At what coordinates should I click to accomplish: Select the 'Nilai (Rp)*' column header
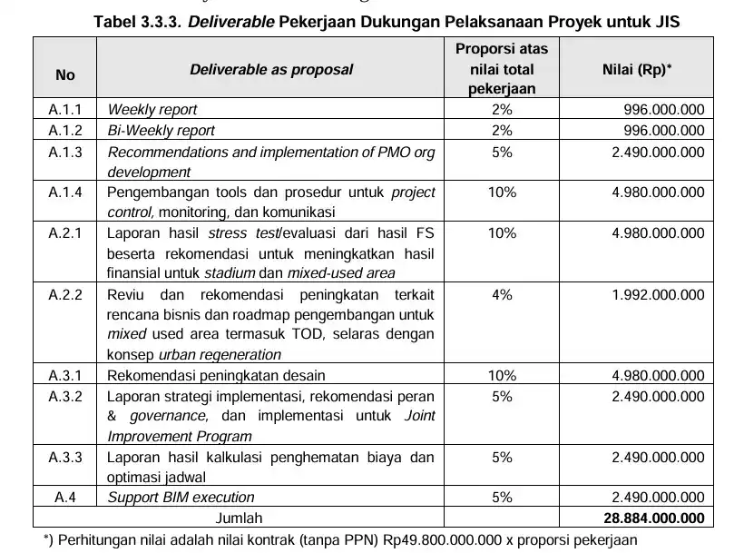(x=637, y=69)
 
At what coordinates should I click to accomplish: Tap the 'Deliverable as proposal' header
(x=271, y=69)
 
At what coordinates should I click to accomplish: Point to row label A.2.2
(x=65, y=295)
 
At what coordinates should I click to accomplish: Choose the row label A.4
(x=65, y=498)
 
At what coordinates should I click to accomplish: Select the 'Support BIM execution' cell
(x=181, y=498)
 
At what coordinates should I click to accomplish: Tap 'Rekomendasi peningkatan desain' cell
(x=216, y=375)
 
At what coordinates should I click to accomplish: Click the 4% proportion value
(x=502, y=295)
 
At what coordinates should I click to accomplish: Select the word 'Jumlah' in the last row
(x=238, y=518)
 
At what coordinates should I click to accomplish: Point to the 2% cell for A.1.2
(x=502, y=131)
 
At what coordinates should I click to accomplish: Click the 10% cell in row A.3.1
(x=502, y=375)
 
